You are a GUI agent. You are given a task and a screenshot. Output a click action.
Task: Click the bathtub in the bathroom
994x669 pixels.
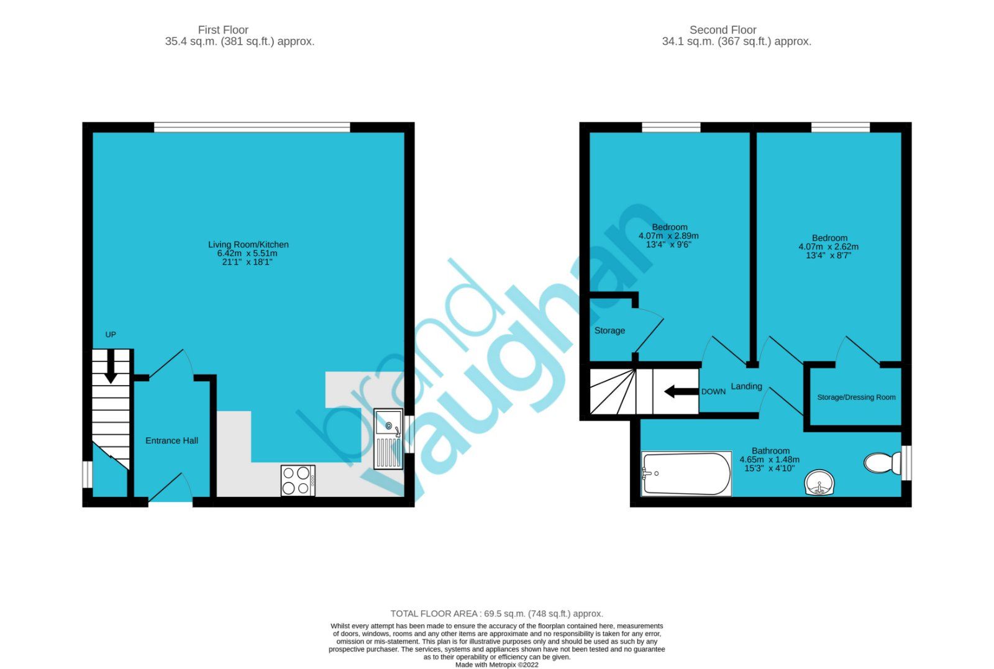click(x=686, y=474)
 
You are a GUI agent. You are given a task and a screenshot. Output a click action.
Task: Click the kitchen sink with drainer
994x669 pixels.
click(x=388, y=439)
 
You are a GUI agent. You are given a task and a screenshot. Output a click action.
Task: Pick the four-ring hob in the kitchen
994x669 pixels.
click(x=298, y=480)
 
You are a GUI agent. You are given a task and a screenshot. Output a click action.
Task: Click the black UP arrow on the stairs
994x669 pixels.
click(x=111, y=366)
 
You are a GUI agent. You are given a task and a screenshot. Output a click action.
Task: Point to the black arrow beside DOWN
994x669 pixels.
click(x=681, y=391)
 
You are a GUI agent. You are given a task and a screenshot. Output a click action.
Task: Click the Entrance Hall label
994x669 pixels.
click(x=171, y=440)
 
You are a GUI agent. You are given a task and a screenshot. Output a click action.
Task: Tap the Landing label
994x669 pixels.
click(x=746, y=386)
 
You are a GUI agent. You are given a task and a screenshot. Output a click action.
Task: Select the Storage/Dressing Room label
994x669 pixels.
click(x=856, y=398)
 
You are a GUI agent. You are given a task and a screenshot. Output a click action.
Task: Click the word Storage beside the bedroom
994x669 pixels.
click(x=609, y=330)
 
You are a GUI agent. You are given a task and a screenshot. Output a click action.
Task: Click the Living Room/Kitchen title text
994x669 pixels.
click(x=248, y=245)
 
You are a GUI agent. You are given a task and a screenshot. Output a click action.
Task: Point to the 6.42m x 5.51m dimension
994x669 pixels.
click(x=247, y=253)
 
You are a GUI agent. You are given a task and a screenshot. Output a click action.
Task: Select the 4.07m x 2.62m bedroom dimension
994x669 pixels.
click(x=828, y=247)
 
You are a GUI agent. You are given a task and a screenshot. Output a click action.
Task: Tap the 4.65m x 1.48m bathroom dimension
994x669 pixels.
click(x=769, y=460)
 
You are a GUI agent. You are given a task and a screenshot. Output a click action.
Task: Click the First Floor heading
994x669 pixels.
click(x=223, y=30)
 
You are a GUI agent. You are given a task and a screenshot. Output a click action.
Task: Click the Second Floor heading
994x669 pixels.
click(x=723, y=30)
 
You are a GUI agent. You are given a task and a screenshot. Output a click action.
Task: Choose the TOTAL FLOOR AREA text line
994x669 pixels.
click(x=496, y=614)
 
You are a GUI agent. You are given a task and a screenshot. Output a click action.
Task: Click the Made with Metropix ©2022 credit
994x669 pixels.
click(x=496, y=665)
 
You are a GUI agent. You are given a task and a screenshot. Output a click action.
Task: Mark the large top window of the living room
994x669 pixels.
click(x=252, y=127)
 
